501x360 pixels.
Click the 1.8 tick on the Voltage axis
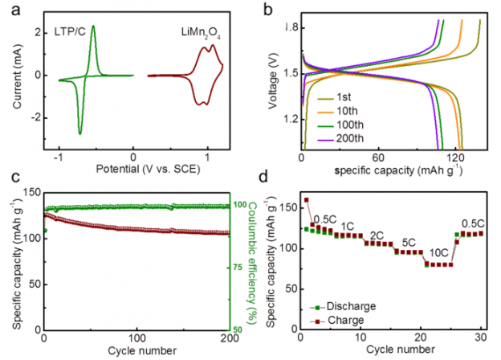click(x=291, y=28)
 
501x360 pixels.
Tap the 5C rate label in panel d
click(x=407, y=241)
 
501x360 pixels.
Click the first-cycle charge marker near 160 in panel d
click(x=306, y=200)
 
